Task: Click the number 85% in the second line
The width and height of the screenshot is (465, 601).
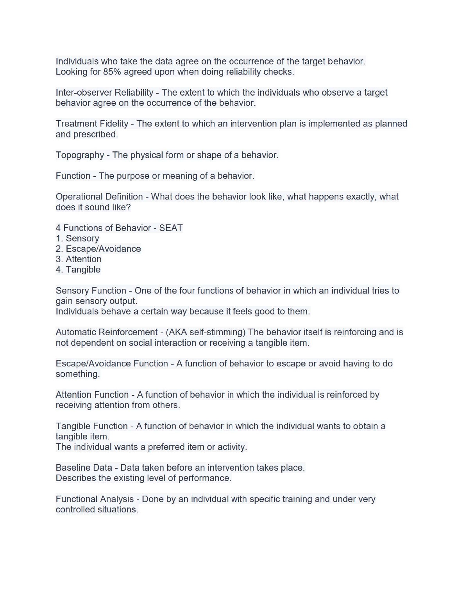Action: [112, 72]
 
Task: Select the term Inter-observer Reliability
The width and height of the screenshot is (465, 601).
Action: [104, 92]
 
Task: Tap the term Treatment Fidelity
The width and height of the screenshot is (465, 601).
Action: [92, 124]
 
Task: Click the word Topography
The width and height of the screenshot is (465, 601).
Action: [80, 155]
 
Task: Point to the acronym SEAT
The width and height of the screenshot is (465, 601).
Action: [171, 228]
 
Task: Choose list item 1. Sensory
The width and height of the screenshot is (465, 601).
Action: [77, 238]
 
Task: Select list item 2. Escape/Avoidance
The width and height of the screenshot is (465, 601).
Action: [98, 249]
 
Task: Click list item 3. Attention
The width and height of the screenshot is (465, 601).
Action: [79, 259]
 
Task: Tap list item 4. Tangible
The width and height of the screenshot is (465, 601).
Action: [78, 270]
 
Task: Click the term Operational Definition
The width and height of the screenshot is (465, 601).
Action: [99, 197]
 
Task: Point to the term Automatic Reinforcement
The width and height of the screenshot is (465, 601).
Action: [106, 332]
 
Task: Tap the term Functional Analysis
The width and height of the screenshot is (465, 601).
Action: [95, 499]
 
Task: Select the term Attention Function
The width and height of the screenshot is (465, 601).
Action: [92, 395]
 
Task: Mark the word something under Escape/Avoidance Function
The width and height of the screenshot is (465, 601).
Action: [77, 374]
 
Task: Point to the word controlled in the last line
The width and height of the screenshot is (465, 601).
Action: [75, 510]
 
